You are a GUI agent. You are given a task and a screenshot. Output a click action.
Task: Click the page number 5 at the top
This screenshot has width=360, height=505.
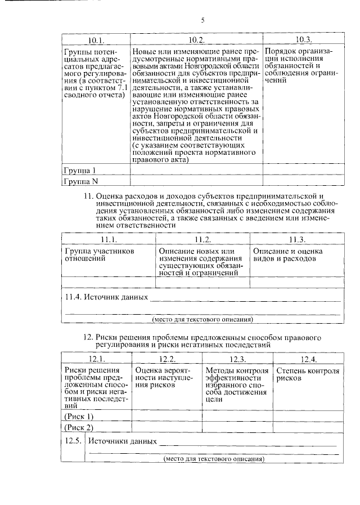(203, 21)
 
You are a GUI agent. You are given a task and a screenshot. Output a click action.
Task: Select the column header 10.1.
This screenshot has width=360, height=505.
(97, 40)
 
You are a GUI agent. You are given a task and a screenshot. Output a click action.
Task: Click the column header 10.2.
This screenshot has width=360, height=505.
(196, 40)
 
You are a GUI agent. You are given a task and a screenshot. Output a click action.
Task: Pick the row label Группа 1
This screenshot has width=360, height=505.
(79, 170)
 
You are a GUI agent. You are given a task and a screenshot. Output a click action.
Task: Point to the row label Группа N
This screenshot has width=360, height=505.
(80, 181)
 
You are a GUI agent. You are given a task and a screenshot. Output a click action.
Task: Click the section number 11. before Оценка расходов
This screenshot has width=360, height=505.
(88, 196)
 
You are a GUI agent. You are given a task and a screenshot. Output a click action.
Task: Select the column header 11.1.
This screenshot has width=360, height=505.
(108, 239)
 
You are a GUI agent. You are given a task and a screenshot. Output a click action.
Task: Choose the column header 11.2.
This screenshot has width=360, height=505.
(202, 239)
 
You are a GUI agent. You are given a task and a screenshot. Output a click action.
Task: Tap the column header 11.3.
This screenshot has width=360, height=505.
(296, 239)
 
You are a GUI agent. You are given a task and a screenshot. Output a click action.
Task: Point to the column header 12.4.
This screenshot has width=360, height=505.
(308, 359)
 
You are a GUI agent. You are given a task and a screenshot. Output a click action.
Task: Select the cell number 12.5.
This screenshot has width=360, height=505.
(75, 440)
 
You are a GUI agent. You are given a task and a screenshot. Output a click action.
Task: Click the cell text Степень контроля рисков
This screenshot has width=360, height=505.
(307, 375)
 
